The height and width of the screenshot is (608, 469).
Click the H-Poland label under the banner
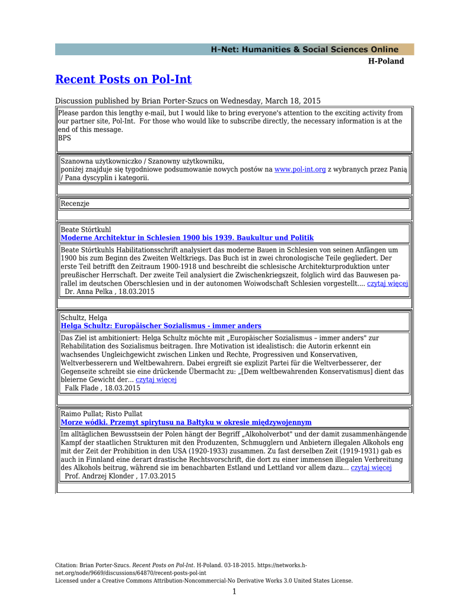pyautogui.click(x=386, y=61)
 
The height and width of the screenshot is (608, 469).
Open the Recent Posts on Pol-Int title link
pyautogui.click(x=123, y=80)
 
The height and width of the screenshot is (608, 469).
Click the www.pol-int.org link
pyautogui.click(x=300, y=169)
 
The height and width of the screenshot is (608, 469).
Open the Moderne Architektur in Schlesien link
pyautogui.click(x=187, y=237)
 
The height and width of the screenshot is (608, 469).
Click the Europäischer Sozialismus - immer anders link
pyautogui.click(x=161, y=326)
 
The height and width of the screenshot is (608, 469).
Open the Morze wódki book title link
pyautogui.click(x=186, y=422)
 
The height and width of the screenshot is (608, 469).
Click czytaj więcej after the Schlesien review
pyautogui.click(x=388, y=283)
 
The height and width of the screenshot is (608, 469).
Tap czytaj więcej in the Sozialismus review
pyautogui.click(x=157, y=379)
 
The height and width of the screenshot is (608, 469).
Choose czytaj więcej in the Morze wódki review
pyautogui.click(x=371, y=467)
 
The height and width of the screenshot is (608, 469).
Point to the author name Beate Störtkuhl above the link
pyautogui.click(x=86, y=229)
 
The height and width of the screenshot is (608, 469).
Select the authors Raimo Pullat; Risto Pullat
pyautogui.click(x=101, y=414)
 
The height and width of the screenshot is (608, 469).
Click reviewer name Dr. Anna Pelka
pyautogui.click(x=91, y=292)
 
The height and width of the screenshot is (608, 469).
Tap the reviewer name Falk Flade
pyautogui.click(x=81, y=388)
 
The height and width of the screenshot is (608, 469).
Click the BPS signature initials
pyautogui.click(x=64, y=138)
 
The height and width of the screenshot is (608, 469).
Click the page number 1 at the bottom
pyautogui.click(x=234, y=591)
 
